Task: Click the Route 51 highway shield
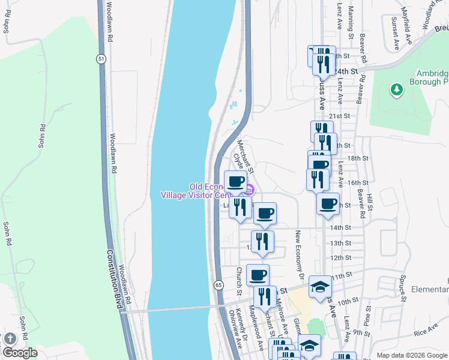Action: click(x=102, y=58)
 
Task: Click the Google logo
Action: click(x=20, y=353)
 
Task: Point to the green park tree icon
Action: click(x=396, y=90)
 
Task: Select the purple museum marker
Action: click(x=249, y=191)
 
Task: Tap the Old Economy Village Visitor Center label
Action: click(x=195, y=191)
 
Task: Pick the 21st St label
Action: click(x=339, y=116)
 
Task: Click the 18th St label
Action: click(x=357, y=158)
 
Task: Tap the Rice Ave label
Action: click(x=426, y=330)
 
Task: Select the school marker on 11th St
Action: click(x=320, y=287)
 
